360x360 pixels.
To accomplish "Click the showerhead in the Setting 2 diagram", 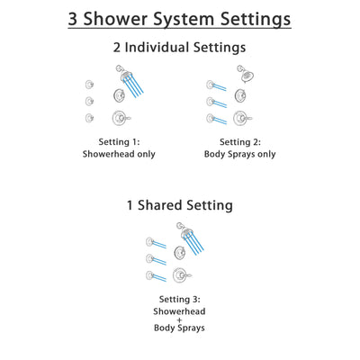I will click(x=244, y=76).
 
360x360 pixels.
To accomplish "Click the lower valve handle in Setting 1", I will click(x=120, y=117).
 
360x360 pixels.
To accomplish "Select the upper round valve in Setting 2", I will click(x=242, y=96).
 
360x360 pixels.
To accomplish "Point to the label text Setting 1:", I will click(x=120, y=141).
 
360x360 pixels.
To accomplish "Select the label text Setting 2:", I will click(x=242, y=141).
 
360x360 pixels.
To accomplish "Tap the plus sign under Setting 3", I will click(x=181, y=319).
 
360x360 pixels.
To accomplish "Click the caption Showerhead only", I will click(x=120, y=154).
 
